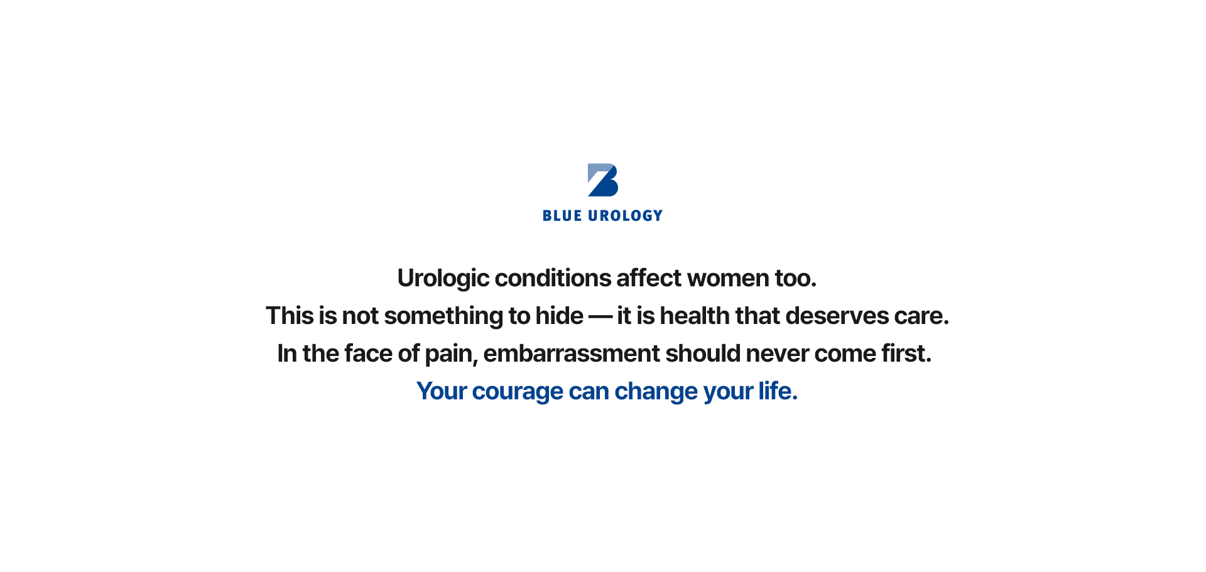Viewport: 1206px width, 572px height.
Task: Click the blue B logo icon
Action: pyautogui.click(x=603, y=180)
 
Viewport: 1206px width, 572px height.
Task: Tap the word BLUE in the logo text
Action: pyautogui.click(x=562, y=216)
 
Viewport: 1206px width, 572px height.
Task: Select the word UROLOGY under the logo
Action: pyautogui.click(x=626, y=216)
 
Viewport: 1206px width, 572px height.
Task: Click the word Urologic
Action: pyautogui.click(x=443, y=278)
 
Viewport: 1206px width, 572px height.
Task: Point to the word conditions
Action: pyautogui.click(x=553, y=278)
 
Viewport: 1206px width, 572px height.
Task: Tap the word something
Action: pyautogui.click(x=444, y=316)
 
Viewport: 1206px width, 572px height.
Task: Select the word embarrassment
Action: pyautogui.click(x=572, y=353)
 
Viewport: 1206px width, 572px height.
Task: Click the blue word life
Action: pyautogui.click(x=778, y=391)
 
